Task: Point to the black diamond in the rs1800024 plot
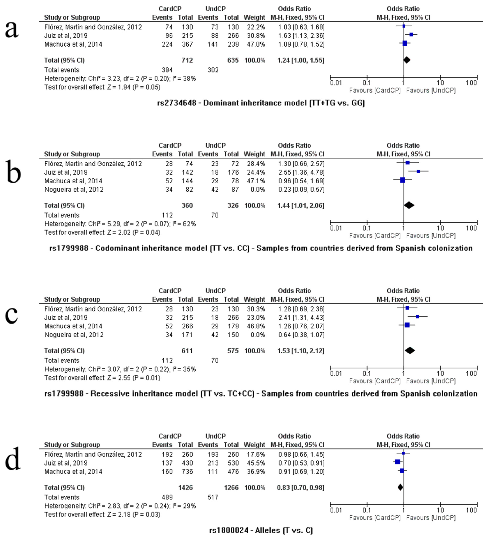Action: [x=400, y=487]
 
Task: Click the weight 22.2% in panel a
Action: [x=255, y=27]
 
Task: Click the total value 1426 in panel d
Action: [x=185, y=487]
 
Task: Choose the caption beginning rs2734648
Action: [x=261, y=103]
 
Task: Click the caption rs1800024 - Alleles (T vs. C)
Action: [x=261, y=530]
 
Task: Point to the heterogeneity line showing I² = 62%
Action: [x=120, y=224]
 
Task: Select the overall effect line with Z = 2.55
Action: [x=102, y=378]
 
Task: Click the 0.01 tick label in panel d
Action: [x=336, y=510]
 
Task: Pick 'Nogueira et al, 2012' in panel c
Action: [x=74, y=335]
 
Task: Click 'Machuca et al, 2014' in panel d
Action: [x=73, y=471]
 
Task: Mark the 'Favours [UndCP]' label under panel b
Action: [x=431, y=236]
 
